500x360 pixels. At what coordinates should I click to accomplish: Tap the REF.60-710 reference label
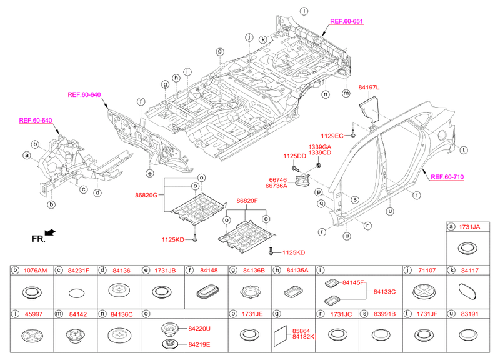pos(447,177)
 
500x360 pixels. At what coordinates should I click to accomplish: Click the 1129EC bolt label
pos(333,135)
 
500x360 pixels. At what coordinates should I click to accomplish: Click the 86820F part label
pos(247,201)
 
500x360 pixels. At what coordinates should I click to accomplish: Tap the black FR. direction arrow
pos(50,232)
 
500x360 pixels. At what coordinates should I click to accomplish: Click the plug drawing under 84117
pos(467,291)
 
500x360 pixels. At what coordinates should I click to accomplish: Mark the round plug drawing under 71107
pos(424,291)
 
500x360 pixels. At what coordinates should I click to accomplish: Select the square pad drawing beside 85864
pos(279,336)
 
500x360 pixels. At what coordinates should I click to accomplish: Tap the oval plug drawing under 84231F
pos(75,292)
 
